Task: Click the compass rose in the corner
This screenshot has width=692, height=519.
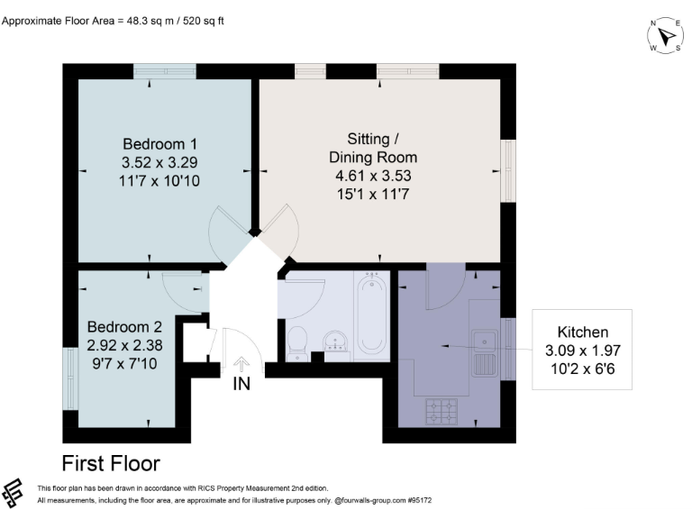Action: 665,35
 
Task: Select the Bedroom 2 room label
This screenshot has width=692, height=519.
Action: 124,343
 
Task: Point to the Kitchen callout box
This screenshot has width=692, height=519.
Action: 582,350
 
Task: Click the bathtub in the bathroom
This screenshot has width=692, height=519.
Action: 371,315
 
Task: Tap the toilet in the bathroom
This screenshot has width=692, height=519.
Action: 297,341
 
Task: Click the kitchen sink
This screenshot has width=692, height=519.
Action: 485,352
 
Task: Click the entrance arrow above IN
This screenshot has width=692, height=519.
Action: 241,365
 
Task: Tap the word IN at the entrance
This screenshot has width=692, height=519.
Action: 241,386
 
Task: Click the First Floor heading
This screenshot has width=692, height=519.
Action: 111,464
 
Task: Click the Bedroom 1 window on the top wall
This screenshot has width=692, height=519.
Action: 165,70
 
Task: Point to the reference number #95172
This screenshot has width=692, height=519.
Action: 422,499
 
